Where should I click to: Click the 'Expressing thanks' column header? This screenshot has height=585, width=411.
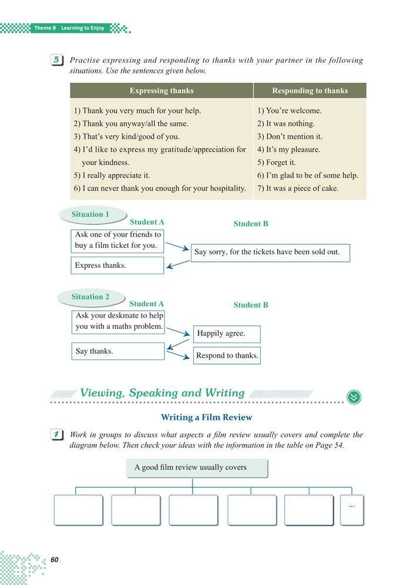click(x=161, y=90)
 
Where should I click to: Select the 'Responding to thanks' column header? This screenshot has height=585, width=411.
click(x=309, y=90)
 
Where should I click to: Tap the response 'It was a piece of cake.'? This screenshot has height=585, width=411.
click(x=298, y=189)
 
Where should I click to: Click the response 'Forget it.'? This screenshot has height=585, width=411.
click(x=277, y=163)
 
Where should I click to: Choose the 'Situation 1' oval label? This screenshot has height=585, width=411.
click(x=90, y=215)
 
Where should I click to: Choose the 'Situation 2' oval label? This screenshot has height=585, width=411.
click(x=90, y=297)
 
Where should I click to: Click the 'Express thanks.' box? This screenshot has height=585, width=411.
click(x=117, y=265)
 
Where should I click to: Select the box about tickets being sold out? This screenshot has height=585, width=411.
click(x=271, y=253)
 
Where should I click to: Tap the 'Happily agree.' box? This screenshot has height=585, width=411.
click(x=227, y=334)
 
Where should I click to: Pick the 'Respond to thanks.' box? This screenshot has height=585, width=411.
click(x=227, y=355)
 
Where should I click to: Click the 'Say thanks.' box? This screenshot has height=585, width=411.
click(x=117, y=351)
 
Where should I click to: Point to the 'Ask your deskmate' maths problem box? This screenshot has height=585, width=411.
click(x=119, y=321)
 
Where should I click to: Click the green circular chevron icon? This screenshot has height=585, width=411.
click(x=354, y=397)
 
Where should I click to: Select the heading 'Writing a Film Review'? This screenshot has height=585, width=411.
click(x=206, y=418)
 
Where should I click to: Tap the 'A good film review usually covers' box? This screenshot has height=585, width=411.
click(x=197, y=468)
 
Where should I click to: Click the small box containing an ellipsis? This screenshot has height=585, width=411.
click(x=352, y=509)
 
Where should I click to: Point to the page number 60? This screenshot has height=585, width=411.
click(x=55, y=559)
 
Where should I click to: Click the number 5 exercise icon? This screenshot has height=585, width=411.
click(x=57, y=60)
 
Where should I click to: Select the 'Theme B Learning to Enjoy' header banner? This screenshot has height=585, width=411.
click(x=69, y=28)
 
